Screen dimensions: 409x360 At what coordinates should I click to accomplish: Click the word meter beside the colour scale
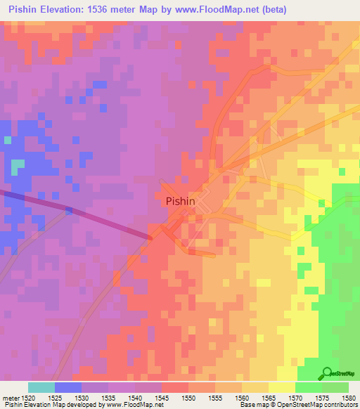[11, 398]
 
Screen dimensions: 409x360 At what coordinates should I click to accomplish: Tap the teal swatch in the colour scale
[41, 387]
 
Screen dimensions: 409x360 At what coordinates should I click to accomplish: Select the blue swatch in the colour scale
[68, 387]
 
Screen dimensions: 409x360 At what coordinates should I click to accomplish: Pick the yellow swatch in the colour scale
[282, 387]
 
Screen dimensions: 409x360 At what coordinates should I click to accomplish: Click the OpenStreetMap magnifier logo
[328, 373]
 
